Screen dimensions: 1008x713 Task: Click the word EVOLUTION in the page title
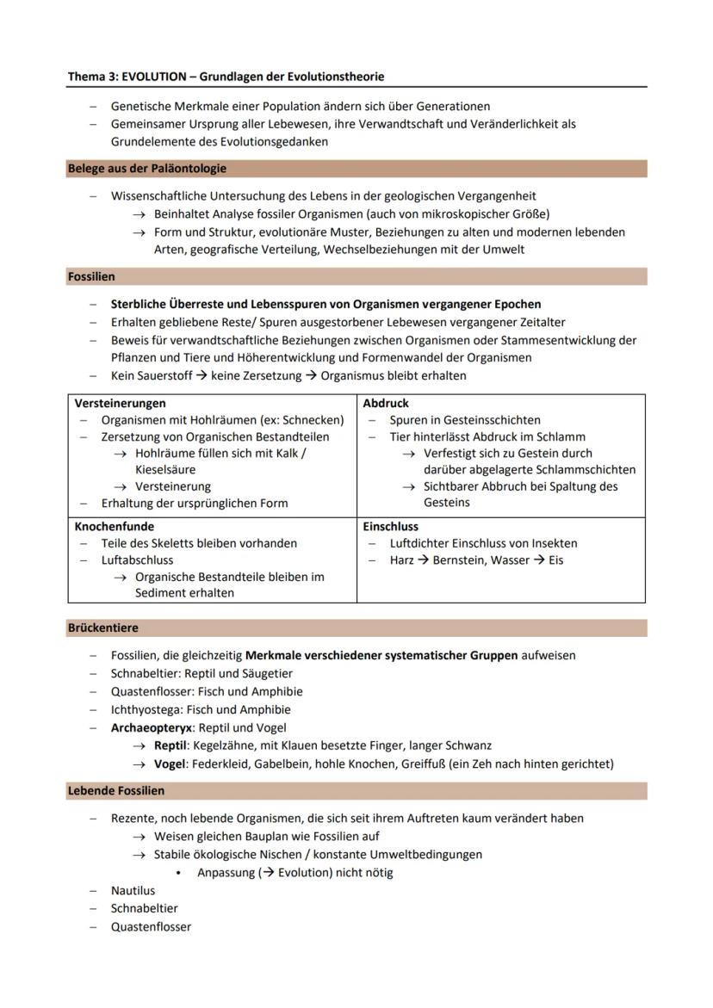[152, 77]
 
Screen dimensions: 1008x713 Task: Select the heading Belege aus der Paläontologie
[147, 169]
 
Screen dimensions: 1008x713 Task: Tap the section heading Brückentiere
[102, 628]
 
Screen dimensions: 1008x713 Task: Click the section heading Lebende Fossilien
[116, 790]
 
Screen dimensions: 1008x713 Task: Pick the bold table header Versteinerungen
[121, 403]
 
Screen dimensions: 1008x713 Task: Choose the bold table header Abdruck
[386, 403]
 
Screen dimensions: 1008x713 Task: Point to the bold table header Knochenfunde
[115, 526]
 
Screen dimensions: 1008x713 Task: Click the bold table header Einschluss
[391, 526]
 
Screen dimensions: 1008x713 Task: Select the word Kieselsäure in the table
[165, 470]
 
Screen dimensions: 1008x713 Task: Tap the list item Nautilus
[133, 891]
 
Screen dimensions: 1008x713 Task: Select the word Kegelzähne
[242, 745]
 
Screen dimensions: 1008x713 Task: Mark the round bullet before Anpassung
[177, 873]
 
